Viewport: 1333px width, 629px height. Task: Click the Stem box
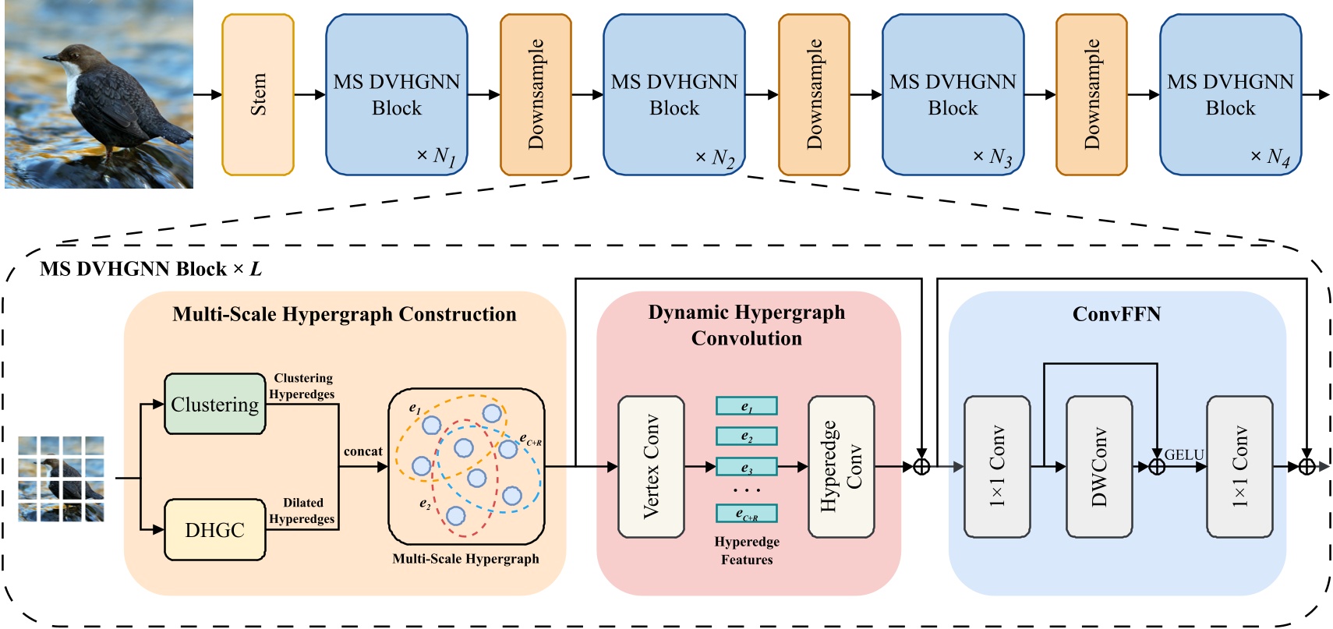click(258, 94)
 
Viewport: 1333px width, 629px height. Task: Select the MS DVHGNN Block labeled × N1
click(396, 94)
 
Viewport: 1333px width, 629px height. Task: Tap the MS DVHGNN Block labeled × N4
click(1230, 94)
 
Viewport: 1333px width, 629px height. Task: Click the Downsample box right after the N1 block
click(536, 94)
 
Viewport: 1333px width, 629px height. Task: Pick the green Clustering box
click(214, 404)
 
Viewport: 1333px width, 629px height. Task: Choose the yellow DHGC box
click(214, 529)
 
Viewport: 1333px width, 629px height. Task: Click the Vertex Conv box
click(651, 467)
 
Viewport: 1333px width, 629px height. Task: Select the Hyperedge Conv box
click(841, 467)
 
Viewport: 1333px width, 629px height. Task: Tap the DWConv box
click(1099, 467)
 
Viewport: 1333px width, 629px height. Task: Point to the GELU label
click(1183, 454)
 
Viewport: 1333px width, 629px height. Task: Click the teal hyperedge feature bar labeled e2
click(747, 436)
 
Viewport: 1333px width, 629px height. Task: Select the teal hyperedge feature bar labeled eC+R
click(747, 514)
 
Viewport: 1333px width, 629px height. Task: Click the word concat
click(362, 451)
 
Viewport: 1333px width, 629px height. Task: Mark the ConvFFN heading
click(1116, 314)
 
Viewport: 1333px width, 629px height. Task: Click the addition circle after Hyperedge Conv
click(921, 467)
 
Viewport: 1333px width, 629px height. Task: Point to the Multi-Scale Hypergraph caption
click(465, 559)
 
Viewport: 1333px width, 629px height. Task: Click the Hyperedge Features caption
click(747, 550)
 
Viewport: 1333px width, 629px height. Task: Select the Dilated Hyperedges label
click(302, 511)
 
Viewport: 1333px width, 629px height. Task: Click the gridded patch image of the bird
click(61, 479)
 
